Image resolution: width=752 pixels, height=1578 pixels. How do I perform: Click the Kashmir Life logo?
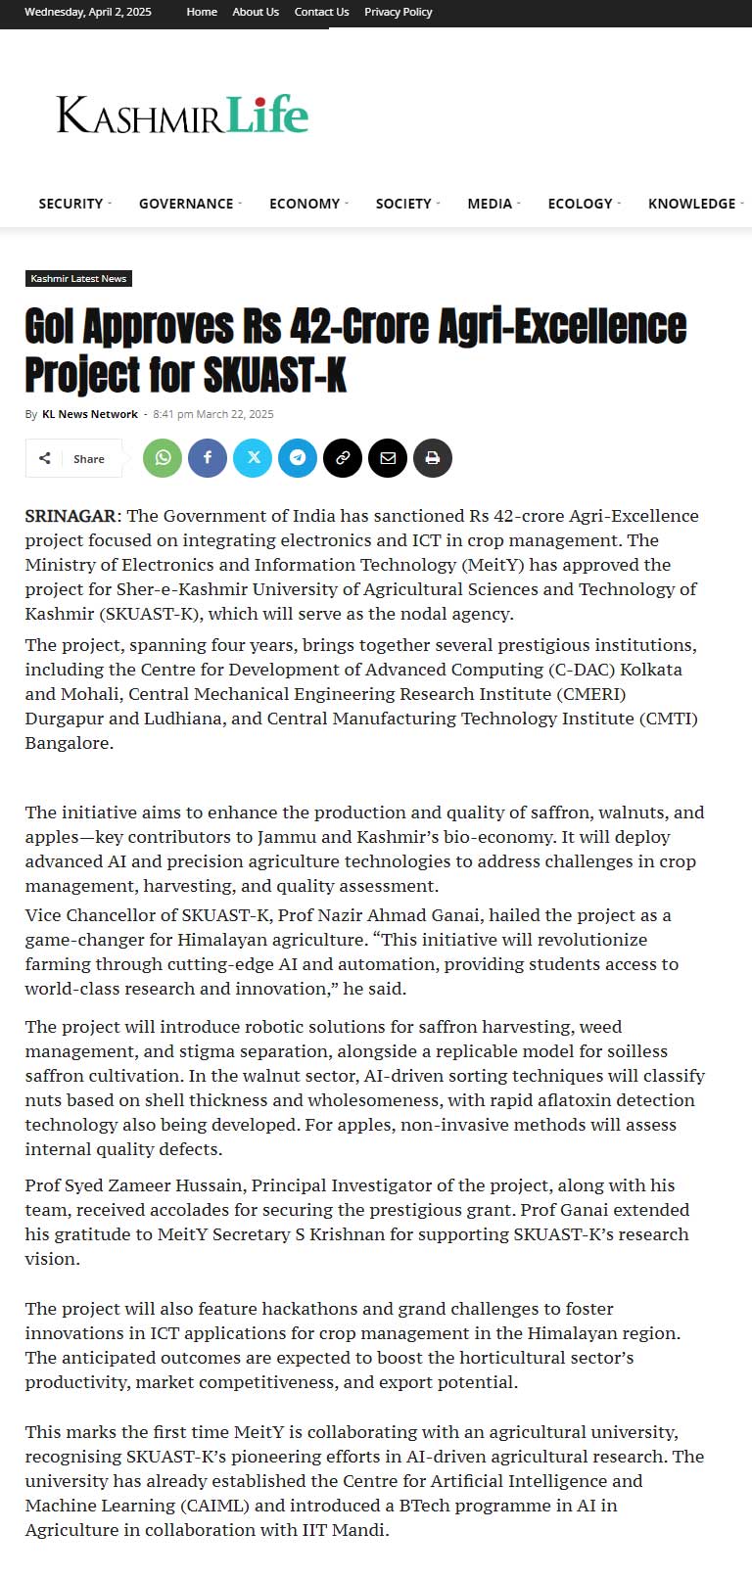click(x=182, y=115)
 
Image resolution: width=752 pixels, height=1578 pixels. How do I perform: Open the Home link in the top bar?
click(x=202, y=12)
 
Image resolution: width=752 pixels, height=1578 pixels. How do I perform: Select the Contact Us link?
click(x=321, y=12)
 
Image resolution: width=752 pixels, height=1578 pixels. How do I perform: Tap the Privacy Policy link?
click(x=398, y=12)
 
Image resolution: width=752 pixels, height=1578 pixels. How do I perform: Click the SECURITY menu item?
click(x=70, y=204)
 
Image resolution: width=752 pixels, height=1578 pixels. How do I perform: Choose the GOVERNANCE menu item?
click(x=186, y=204)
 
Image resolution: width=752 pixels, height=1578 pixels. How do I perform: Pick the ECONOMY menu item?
click(x=305, y=204)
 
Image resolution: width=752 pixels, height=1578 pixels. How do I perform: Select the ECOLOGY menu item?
click(x=580, y=204)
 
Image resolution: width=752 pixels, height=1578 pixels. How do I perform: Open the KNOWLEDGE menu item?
click(x=691, y=204)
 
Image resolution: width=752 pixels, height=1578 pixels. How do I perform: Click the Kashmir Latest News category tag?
click(x=78, y=279)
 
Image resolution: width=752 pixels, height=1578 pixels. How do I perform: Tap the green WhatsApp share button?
click(x=163, y=458)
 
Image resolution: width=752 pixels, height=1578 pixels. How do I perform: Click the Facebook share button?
click(x=208, y=458)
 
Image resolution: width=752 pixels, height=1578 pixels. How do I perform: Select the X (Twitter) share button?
click(x=253, y=458)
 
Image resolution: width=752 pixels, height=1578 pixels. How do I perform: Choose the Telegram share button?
click(x=298, y=458)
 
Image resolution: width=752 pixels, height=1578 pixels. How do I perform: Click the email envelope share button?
click(x=388, y=458)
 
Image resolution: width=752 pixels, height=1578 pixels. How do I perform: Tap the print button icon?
click(x=433, y=458)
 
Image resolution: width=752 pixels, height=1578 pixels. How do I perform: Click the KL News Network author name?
click(x=90, y=414)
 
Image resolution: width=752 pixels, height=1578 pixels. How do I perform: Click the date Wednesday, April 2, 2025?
click(x=88, y=12)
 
